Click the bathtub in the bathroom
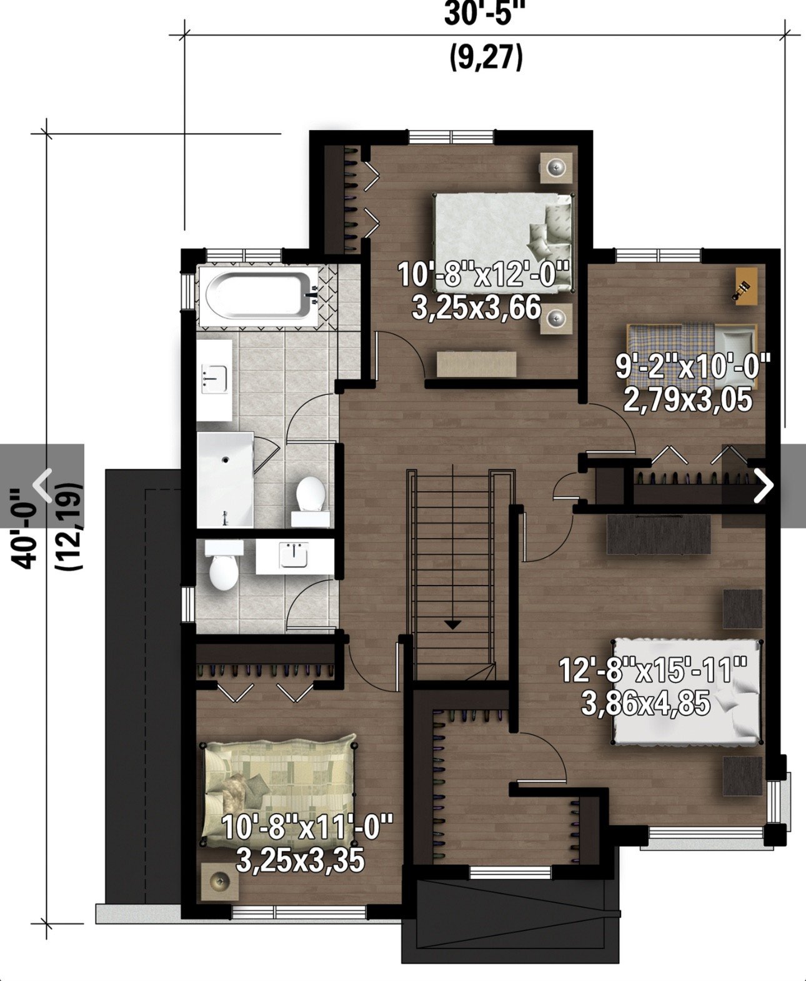coord(259,296)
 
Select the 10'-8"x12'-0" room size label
coord(483,274)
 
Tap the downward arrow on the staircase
coord(452,624)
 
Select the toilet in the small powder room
coord(224,565)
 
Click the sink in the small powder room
coord(294,555)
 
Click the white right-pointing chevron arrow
coord(763,486)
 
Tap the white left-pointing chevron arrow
coord(42,486)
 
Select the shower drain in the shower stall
coord(226,460)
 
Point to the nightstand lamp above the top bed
coord(556,167)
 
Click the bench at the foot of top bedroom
coord(477,364)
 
